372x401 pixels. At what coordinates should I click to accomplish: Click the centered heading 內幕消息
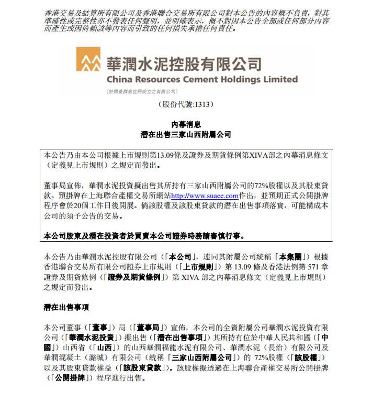(186, 124)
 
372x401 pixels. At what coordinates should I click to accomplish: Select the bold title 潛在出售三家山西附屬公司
(186, 135)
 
